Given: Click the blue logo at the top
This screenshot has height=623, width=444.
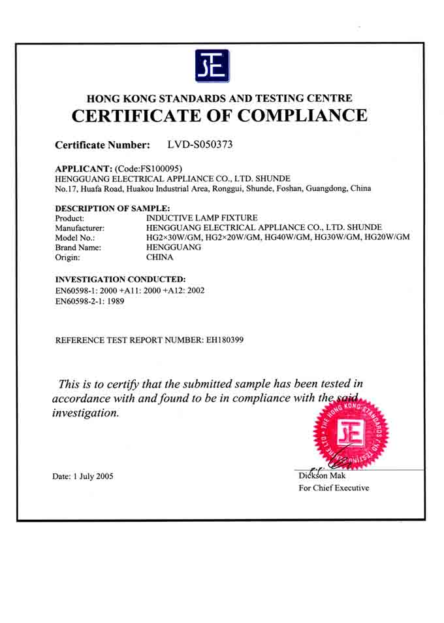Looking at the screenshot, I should [x=212, y=65].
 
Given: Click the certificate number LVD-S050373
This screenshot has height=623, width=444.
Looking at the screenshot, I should [x=200, y=144].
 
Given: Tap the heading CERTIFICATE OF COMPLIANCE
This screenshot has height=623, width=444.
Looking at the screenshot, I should [x=219, y=116].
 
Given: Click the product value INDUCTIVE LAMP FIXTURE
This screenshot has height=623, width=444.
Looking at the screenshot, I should [x=202, y=218].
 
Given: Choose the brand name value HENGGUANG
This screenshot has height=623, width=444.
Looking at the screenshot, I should [x=172, y=247].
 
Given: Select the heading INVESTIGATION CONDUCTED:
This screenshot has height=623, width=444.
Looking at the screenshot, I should [x=121, y=278].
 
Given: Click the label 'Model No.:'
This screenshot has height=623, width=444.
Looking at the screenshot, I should [x=75, y=237].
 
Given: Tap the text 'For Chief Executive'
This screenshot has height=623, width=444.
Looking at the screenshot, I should [x=334, y=488].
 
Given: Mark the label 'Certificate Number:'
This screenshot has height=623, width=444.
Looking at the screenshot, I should [x=103, y=145].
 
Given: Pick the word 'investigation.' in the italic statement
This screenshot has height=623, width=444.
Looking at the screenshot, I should [x=86, y=413].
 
